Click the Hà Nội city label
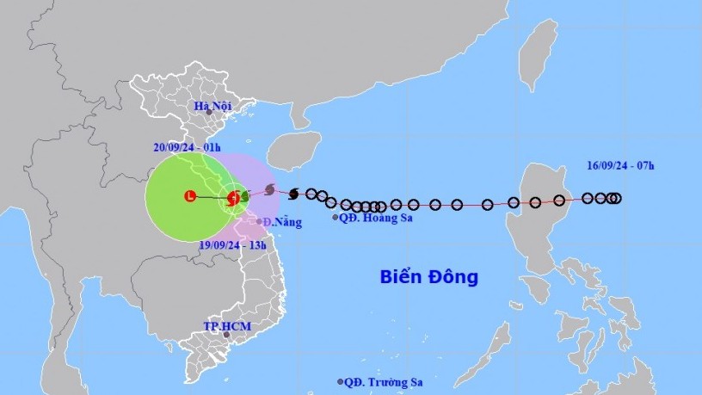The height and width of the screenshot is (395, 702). tap(214, 106)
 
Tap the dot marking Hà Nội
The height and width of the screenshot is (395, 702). tap(209, 112)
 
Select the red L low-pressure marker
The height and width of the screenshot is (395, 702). tap(190, 197)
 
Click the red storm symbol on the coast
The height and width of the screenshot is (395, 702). tap(232, 198)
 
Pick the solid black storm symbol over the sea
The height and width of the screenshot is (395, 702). tap(294, 193)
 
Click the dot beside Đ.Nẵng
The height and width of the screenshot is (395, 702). tap(259, 221)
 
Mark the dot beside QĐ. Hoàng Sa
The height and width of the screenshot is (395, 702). tap(336, 218)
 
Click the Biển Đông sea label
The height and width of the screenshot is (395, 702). tap(428, 277)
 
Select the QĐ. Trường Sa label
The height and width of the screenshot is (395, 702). tap(385, 382)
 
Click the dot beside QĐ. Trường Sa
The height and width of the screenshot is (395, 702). tap(341, 381)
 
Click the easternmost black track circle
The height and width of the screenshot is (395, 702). tap(617, 198)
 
